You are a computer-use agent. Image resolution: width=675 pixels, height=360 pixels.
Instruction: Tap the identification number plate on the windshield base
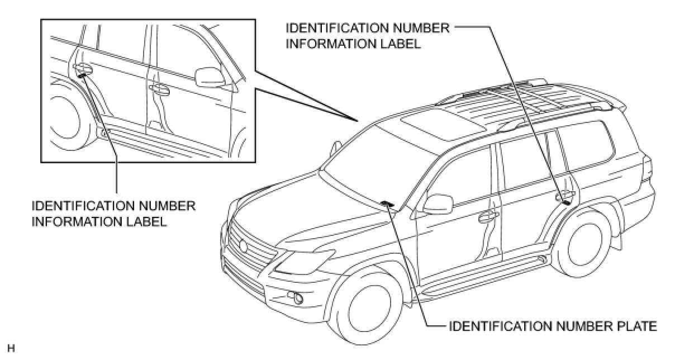(x=387, y=204)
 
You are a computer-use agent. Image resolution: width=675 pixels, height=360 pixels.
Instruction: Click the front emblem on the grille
(x=244, y=245)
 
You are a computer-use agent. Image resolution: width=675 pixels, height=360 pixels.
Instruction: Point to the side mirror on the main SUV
(x=438, y=204)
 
